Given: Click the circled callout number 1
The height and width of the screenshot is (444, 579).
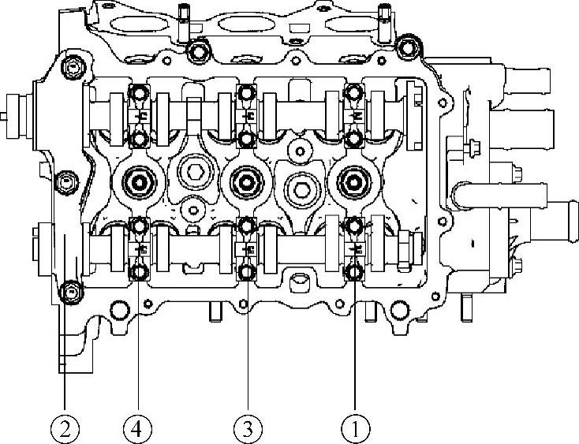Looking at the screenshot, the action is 355,429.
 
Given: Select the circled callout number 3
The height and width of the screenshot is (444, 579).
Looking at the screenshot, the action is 247,429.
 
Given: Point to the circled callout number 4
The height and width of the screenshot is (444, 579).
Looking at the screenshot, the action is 138,429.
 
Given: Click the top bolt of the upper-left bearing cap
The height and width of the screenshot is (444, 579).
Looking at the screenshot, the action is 139,95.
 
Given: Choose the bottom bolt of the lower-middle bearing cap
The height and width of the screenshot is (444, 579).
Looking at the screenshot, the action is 246,274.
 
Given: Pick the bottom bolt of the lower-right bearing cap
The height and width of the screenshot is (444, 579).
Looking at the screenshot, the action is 354,274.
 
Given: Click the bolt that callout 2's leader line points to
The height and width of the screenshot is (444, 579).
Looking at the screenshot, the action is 71,293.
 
